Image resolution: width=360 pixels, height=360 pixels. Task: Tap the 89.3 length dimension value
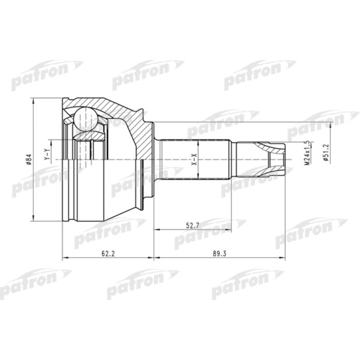click(x=220, y=253)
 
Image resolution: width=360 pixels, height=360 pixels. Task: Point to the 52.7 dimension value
click(x=193, y=224)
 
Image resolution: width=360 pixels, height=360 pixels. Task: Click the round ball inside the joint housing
click(x=84, y=119)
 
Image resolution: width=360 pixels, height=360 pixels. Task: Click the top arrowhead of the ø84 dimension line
click(x=34, y=100)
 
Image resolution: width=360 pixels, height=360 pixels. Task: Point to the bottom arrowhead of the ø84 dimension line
click(x=34, y=218)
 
